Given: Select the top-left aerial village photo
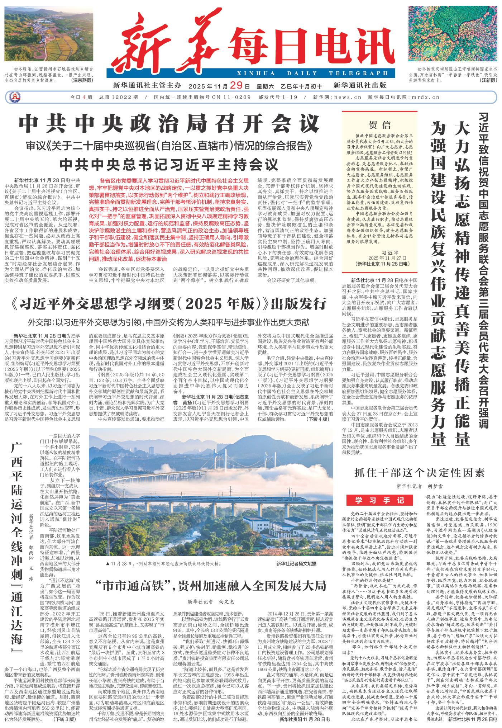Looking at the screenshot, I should (49, 33).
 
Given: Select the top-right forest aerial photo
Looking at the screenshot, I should (453, 33).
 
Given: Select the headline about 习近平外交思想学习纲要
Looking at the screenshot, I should (169, 303).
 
